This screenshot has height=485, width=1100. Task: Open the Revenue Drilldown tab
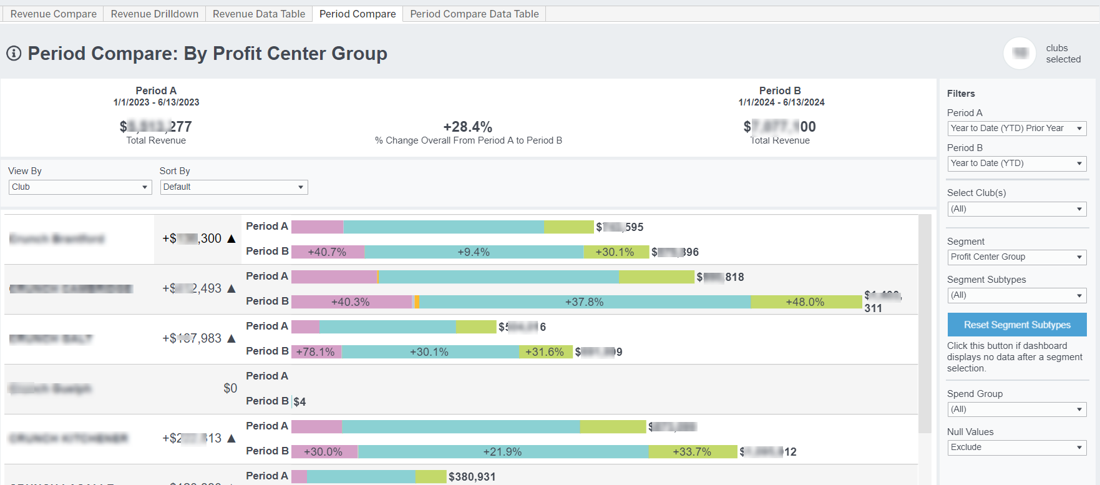154,14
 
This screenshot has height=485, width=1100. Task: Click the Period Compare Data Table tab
474,14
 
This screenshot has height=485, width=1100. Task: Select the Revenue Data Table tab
259,14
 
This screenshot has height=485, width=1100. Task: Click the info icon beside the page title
14,54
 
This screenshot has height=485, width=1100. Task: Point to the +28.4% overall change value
467,127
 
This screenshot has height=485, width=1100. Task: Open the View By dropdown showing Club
80,187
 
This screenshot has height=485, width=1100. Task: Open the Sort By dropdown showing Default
233,187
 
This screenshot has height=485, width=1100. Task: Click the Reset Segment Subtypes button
1016,325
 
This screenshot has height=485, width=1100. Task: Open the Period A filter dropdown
1016,128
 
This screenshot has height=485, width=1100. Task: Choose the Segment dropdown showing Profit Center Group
1016,257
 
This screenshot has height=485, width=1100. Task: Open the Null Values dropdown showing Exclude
1016,447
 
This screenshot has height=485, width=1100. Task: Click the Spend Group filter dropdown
1016,409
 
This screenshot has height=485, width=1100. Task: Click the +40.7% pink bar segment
328,252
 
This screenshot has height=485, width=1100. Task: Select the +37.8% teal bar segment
584,302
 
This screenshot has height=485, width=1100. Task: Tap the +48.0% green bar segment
805,302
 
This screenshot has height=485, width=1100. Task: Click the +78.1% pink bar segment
316,352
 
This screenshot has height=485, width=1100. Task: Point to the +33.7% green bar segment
692,452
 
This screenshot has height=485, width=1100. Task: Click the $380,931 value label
472,477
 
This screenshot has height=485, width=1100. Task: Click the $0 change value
230,388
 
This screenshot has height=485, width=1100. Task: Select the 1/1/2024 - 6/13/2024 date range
781,102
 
